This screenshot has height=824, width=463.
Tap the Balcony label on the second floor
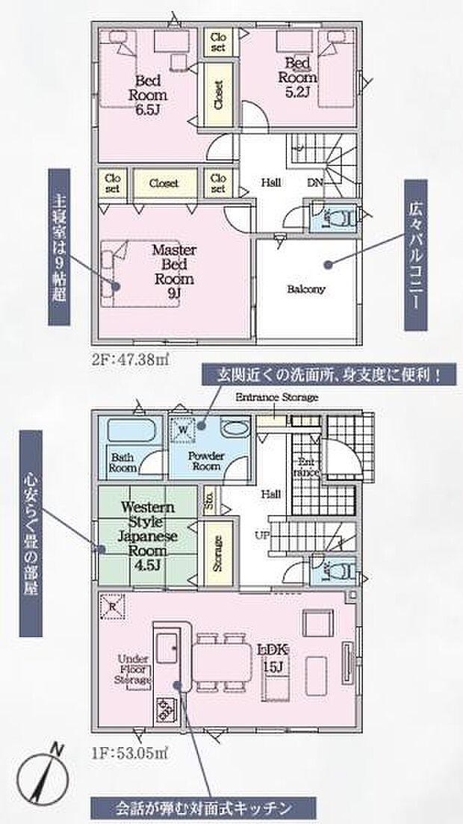pos(306,290)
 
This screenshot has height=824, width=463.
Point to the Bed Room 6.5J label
pos(150,95)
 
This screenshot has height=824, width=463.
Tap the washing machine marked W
pos(184,429)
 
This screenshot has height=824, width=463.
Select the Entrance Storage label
pos(276,397)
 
